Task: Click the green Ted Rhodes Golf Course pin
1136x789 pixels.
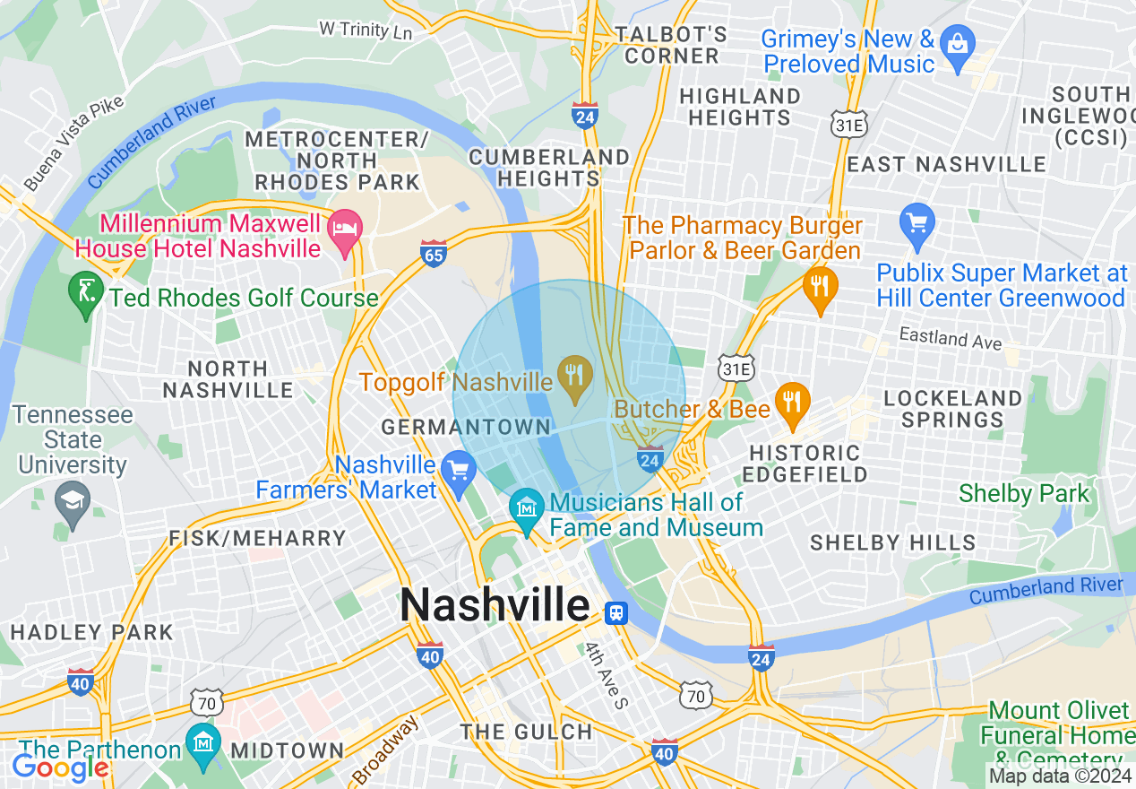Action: (x=86, y=293)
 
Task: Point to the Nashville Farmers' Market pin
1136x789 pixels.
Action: (x=458, y=472)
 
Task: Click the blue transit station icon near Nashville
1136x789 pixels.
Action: (x=615, y=612)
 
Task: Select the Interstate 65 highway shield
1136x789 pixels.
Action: (x=434, y=255)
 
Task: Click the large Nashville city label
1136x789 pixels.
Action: (x=495, y=605)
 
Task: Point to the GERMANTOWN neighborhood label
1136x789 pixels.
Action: (x=466, y=427)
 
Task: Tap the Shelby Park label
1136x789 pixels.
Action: (x=1024, y=493)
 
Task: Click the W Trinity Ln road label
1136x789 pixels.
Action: (x=366, y=30)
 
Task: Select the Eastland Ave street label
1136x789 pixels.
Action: (x=951, y=339)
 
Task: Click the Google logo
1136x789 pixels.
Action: (x=61, y=767)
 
